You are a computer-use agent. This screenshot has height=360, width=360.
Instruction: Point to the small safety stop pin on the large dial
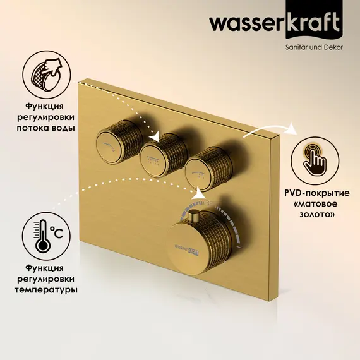click(190, 216)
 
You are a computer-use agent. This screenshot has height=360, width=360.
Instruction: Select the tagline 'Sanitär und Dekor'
click(311, 47)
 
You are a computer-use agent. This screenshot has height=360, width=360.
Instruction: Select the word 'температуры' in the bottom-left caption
click(47, 290)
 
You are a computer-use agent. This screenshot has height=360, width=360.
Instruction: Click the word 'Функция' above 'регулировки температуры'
click(47, 267)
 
